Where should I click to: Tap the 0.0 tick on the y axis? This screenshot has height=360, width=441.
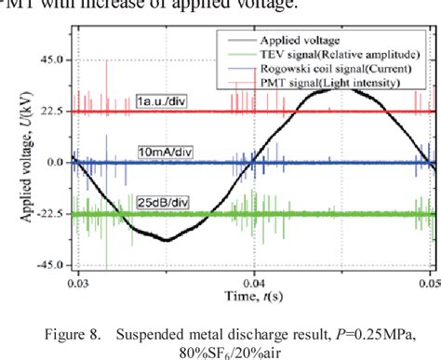(x=57, y=162)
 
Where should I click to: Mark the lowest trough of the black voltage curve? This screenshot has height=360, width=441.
(x=166, y=240)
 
